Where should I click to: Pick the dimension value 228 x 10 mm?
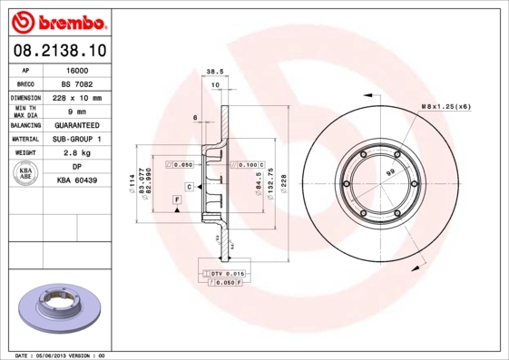79,97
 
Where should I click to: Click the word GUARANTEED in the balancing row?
79,124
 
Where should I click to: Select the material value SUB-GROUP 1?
79,139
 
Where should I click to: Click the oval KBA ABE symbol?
26,174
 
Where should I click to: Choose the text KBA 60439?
79,181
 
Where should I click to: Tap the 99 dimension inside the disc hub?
390,171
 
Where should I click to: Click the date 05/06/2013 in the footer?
50,355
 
